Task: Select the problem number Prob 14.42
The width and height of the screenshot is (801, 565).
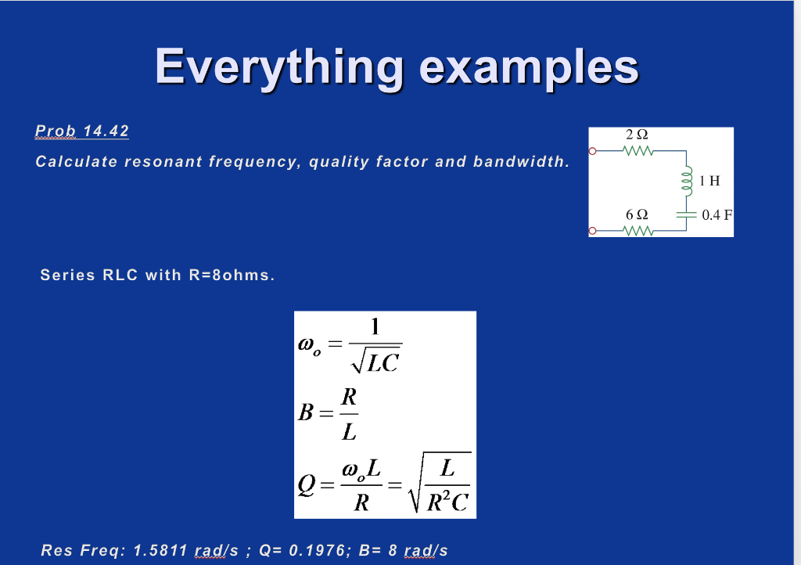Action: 82,131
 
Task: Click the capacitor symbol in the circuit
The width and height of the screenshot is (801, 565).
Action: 686,214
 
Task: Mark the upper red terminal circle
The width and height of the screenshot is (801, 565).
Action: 593,151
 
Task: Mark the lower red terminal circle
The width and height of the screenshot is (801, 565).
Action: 593,232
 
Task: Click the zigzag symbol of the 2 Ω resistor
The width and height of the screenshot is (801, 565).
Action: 639,151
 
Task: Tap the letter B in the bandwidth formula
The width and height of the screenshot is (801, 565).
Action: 306,411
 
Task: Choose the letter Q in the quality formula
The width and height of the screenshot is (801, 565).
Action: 307,486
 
